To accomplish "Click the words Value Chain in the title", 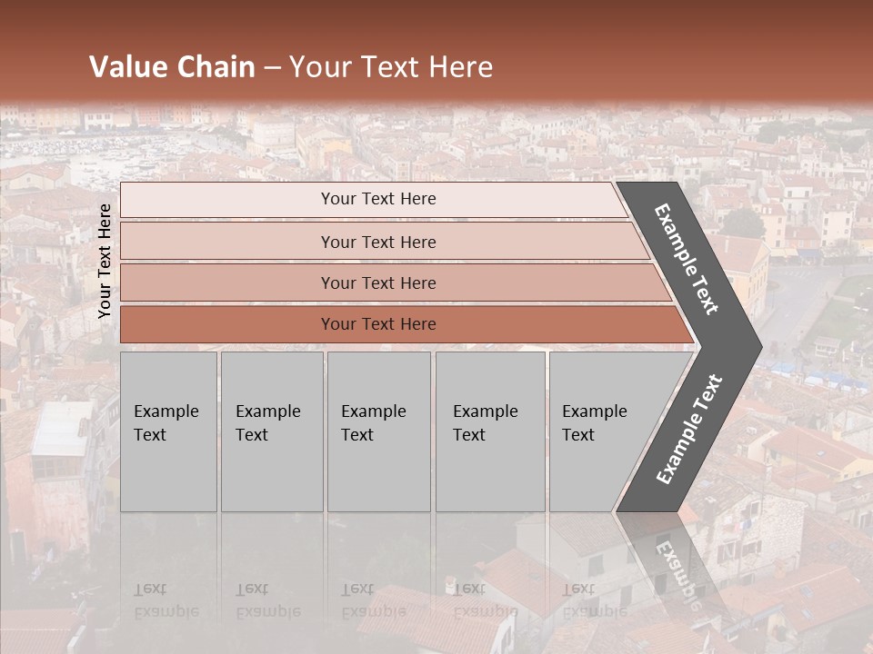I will click(172, 67).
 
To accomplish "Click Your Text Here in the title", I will click(391, 67).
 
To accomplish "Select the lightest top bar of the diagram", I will click(227, 200).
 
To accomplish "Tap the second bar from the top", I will click(227, 242).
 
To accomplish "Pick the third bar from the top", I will click(227, 282).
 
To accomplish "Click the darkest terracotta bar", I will click(227, 324).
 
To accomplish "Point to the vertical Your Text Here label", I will click(105, 261).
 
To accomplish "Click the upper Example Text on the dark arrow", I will click(687, 259).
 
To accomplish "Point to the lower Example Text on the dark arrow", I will click(689, 430).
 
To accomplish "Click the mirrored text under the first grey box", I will click(166, 600).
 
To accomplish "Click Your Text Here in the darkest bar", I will click(378, 324).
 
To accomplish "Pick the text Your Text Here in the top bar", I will click(378, 199).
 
